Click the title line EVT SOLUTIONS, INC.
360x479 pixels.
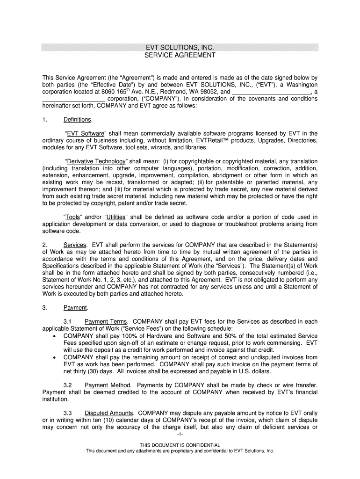[x=180, y=48]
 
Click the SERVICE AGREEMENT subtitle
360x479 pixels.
[x=180, y=55]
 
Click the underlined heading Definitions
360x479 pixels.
[x=78, y=120]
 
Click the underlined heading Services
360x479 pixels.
[x=75, y=245]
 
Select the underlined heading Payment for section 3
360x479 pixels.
[x=75, y=308]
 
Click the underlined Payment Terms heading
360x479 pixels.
[x=106, y=322]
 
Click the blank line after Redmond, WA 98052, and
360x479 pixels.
[x=272, y=92]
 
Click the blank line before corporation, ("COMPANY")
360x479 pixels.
[x=73, y=99]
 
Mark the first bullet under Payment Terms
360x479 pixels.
[x=57, y=336]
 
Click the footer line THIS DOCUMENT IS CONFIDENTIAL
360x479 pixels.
[x=180, y=445]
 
